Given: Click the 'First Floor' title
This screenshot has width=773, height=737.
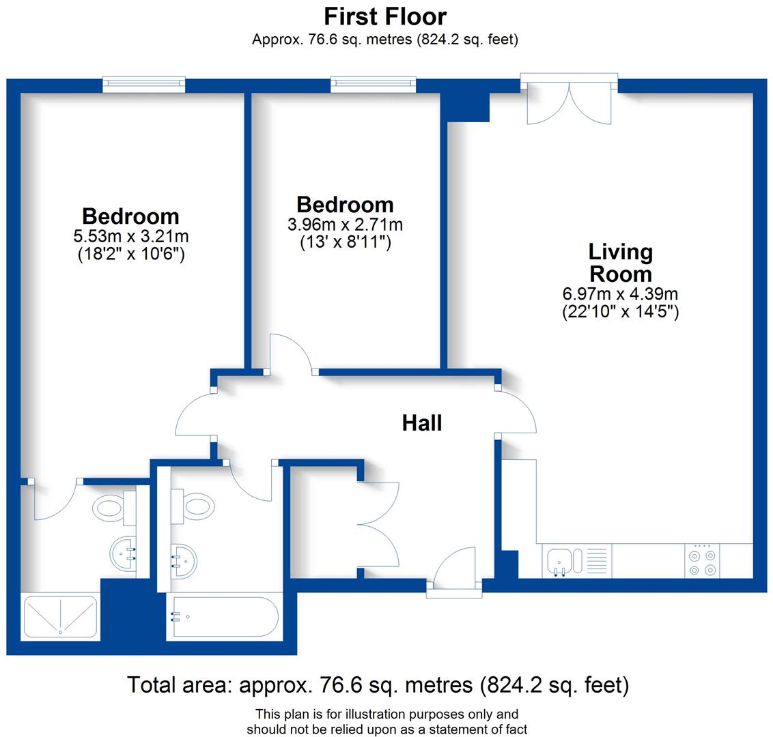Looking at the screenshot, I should click(385, 16).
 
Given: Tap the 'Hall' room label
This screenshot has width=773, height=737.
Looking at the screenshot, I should click(422, 423).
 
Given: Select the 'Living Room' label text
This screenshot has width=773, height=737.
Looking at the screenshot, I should click(621, 263).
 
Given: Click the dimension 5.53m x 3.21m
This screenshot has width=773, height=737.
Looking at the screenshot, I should click(130, 237).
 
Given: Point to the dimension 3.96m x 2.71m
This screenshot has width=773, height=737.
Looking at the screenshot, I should click(345, 225).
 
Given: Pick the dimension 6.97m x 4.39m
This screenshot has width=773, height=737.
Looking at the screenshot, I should click(620, 294).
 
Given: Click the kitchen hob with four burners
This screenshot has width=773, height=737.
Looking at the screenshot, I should click(703, 561).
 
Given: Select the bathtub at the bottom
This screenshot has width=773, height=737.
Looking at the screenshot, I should click(224, 617).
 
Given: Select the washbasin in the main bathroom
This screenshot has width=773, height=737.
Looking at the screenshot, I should click(184, 560).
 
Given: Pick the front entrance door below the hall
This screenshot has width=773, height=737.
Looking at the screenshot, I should click(454, 573).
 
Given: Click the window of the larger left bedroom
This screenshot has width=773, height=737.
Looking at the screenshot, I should click(144, 84).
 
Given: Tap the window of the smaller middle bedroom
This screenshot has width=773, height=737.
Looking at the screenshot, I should click(373, 84).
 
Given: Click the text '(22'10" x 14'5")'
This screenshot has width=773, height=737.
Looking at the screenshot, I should click(620, 312).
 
